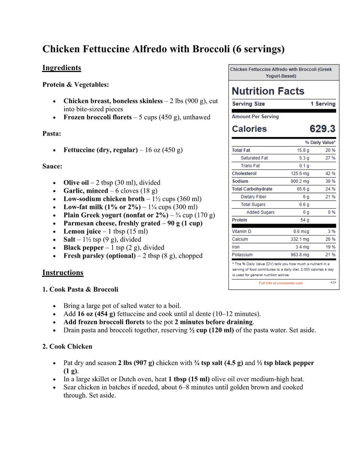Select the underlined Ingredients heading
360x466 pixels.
point(61,68)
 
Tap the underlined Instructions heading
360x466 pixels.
point(63,273)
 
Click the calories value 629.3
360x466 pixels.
point(322,129)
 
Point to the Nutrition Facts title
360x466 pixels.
point(268,91)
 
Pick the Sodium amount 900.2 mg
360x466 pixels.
point(300,181)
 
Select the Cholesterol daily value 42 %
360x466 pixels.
point(330,173)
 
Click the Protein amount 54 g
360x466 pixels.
point(304,220)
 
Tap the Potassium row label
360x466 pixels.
point(242,255)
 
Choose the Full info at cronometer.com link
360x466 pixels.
point(280,283)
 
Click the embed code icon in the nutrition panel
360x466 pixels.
point(333,283)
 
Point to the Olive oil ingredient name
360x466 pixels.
point(76,183)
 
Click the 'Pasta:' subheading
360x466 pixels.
point(52,134)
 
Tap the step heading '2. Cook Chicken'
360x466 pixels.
point(67,347)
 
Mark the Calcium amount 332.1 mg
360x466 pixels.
point(300,239)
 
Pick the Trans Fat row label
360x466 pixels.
point(250,166)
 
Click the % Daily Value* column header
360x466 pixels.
point(320,143)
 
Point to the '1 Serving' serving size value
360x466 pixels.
point(322,104)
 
